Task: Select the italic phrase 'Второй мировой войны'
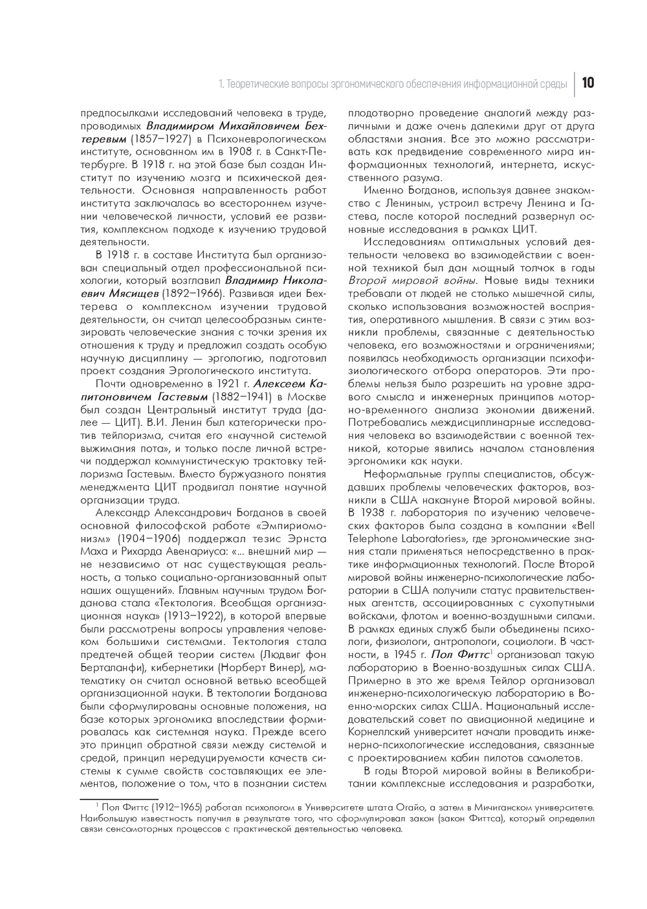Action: (x=413, y=280)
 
